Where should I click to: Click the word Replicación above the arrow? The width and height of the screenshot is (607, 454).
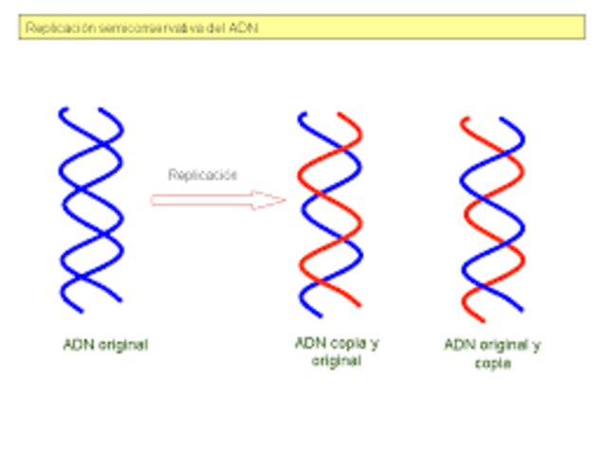coord(202,174)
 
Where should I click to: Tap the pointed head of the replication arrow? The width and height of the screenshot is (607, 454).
coord(275,200)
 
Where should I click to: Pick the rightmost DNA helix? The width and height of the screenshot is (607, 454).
coord(492,219)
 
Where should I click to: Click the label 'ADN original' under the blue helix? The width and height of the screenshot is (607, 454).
coord(104,345)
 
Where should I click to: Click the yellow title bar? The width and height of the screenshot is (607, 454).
coord(301,27)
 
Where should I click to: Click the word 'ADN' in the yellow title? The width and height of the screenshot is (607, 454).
coord(243,28)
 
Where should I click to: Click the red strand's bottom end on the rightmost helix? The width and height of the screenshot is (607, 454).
coord(465,319)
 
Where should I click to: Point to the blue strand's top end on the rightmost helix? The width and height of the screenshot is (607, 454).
coord(521,121)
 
